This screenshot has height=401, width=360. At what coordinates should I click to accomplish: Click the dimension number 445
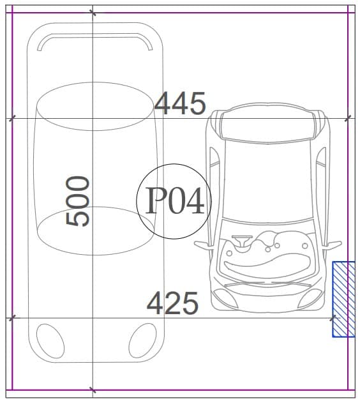180,103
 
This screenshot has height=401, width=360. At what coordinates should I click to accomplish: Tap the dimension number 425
172,303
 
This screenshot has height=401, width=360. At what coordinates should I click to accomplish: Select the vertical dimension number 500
77,201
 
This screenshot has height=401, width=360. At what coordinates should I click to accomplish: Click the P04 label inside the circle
175,200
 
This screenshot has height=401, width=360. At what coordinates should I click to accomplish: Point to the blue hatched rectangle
343,299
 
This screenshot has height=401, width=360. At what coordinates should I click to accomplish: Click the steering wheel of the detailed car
242,241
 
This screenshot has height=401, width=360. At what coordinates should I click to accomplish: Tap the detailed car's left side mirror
204,245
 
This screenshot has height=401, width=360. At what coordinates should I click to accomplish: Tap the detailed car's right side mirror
332,245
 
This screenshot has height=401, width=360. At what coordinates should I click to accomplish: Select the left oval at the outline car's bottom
50,341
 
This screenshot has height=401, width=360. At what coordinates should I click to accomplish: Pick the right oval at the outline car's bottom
142,340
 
